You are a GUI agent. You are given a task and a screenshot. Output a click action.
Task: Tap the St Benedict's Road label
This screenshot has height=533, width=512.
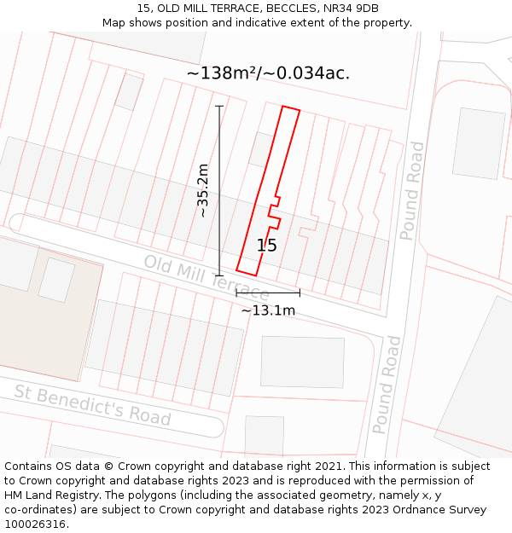point(92,405)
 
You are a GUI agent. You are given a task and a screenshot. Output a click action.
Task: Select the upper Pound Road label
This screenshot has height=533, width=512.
point(412,191)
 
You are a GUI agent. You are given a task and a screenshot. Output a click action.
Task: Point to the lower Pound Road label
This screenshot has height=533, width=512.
point(389,385)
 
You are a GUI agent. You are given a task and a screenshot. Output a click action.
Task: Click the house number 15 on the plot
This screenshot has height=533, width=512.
point(266,246)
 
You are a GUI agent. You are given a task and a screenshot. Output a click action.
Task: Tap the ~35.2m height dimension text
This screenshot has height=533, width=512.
point(203,190)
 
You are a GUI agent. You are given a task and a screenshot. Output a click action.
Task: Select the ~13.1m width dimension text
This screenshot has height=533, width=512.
point(268,310)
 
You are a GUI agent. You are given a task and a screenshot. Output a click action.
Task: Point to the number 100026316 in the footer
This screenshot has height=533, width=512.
point(35,524)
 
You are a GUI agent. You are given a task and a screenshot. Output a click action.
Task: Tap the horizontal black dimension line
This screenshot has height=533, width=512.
point(268,293)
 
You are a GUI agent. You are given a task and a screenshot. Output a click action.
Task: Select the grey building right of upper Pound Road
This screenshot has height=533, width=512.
point(479,142)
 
